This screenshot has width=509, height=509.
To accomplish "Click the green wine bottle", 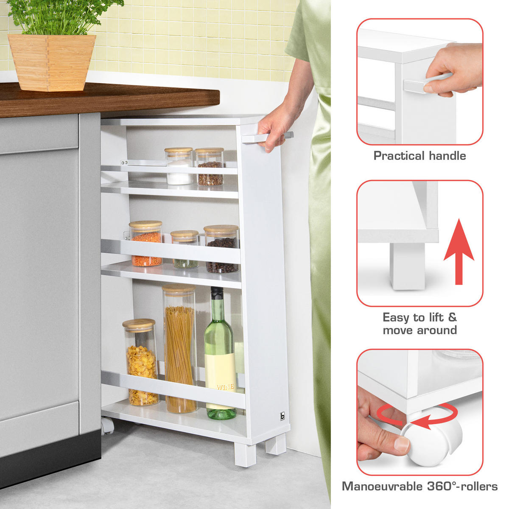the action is click(x=220, y=354).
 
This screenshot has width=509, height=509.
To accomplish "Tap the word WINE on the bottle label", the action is click(x=225, y=387).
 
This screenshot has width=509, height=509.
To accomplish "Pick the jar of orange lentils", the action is click(x=146, y=243).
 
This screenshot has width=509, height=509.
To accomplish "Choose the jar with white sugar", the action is click(x=179, y=166).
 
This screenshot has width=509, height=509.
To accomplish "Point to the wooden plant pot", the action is click(x=52, y=63).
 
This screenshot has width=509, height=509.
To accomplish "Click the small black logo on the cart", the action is click(x=282, y=416).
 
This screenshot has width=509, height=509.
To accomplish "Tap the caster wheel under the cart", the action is click(x=107, y=425).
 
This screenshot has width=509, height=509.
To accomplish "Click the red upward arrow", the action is click(x=459, y=252).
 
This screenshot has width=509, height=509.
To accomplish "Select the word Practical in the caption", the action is click(x=399, y=156).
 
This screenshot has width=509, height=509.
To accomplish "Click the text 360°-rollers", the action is click(x=462, y=486).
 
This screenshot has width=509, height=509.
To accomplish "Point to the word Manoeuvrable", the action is click(x=383, y=486).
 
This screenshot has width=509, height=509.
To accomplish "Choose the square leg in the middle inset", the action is click(x=407, y=266).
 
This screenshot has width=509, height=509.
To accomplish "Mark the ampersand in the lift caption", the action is click(x=453, y=317).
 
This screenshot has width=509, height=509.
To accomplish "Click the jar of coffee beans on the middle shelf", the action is click(x=221, y=249).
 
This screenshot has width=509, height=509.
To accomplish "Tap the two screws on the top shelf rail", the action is click(x=123, y=162).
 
